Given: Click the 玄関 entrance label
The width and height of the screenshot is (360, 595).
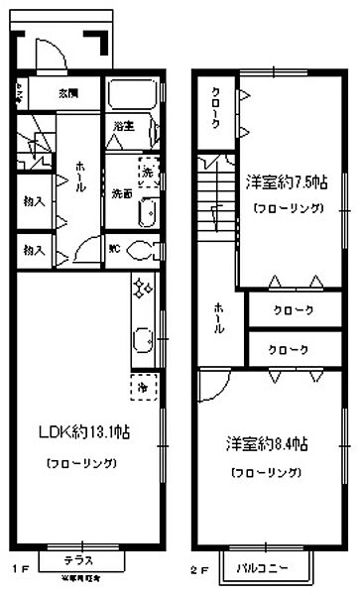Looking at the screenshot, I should pyautogui.click(x=68, y=94).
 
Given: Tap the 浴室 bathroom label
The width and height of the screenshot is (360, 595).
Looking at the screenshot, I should pyautogui.click(x=123, y=126).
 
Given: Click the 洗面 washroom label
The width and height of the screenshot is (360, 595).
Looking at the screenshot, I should pyautogui.click(x=122, y=191).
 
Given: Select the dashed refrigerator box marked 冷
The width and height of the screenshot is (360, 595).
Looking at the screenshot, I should pyautogui.click(x=144, y=384).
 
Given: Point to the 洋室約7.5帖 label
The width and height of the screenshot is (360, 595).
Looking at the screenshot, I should pyautogui.click(x=287, y=181).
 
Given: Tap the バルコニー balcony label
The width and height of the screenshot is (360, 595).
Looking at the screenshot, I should pyautogui.click(x=263, y=569).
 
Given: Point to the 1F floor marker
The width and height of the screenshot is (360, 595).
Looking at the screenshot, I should pyautogui.click(x=20, y=570).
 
